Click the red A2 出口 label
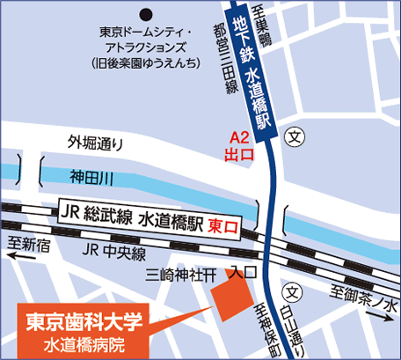click(x=240, y=146)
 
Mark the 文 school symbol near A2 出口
click(x=296, y=137)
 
